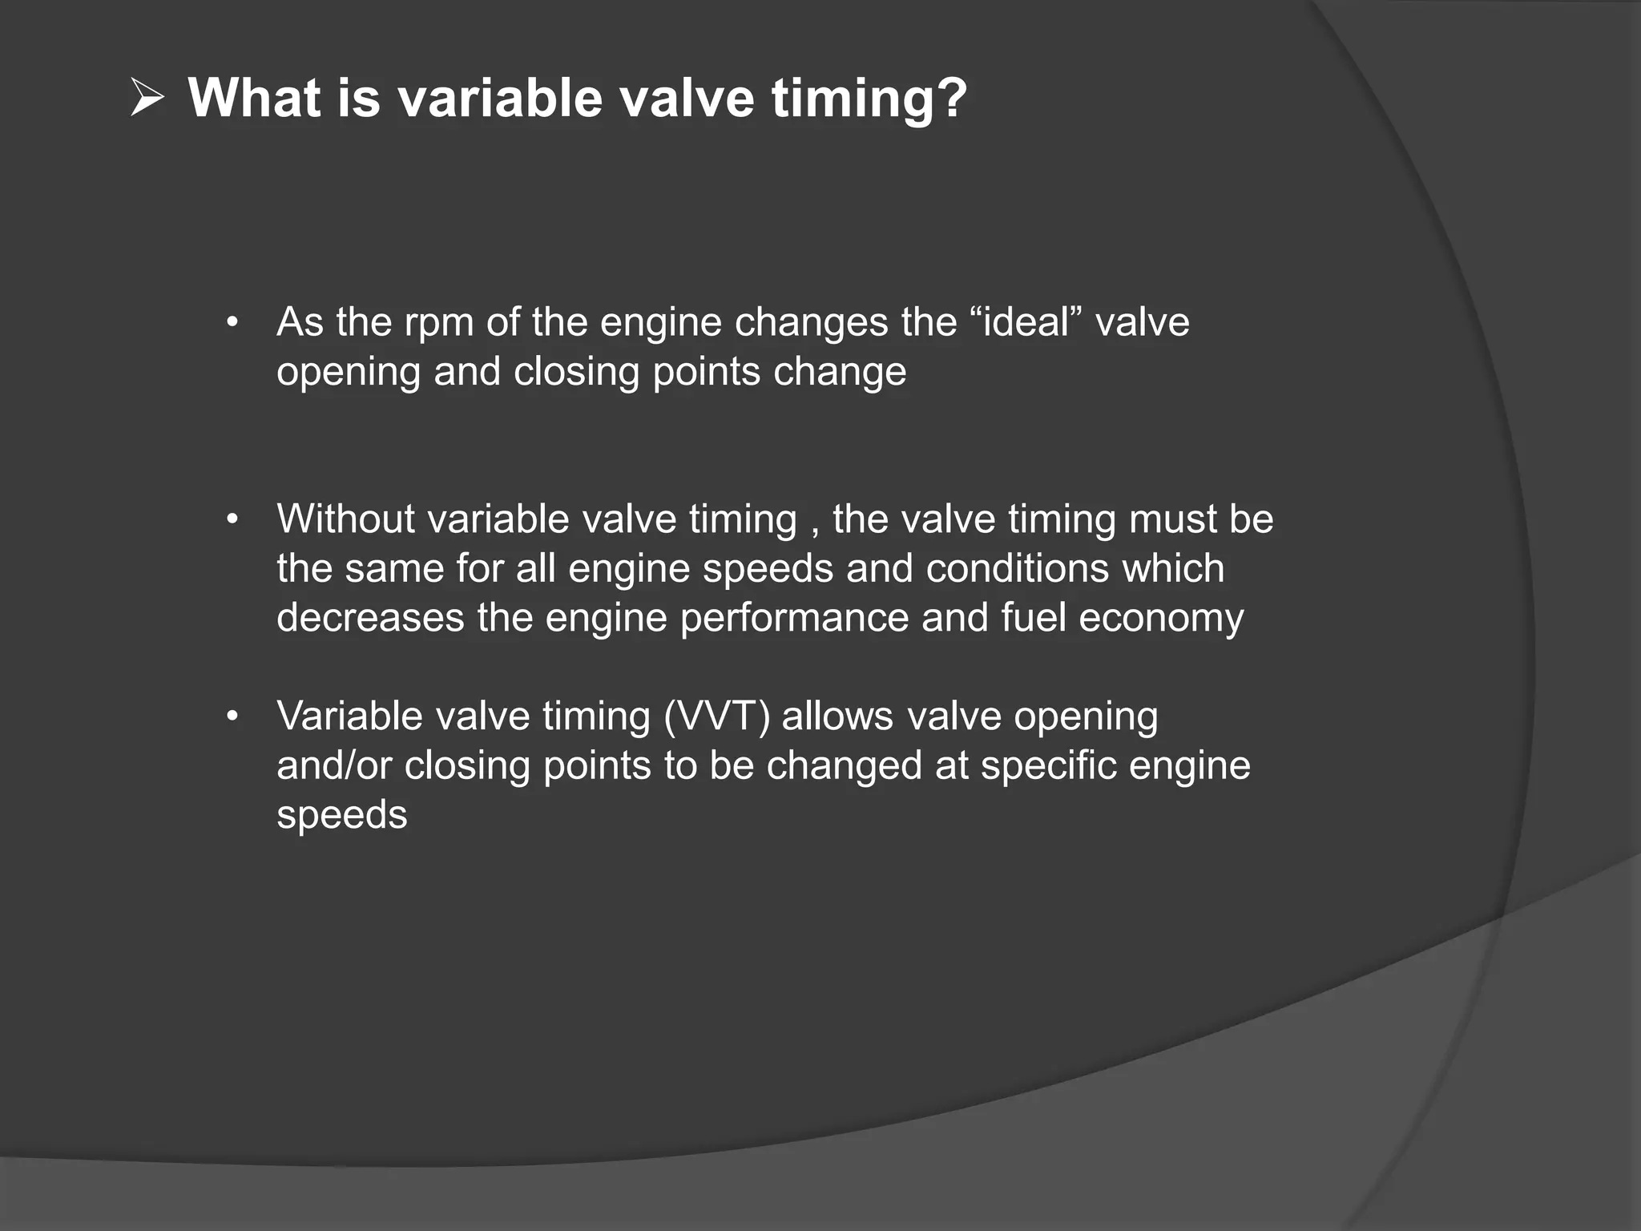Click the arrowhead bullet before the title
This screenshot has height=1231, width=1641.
coord(147,99)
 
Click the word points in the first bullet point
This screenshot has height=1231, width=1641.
coord(706,373)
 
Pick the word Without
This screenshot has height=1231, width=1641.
coord(345,519)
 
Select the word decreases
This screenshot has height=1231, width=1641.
coord(370,618)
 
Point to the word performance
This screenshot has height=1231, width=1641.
coord(794,619)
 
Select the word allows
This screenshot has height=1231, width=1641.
coord(837,716)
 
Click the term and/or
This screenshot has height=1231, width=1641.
coord(334,766)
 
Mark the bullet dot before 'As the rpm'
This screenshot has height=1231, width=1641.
coord(232,324)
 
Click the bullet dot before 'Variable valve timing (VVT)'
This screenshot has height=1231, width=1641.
coord(232,717)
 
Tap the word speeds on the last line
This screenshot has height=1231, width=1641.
coord(342,816)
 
